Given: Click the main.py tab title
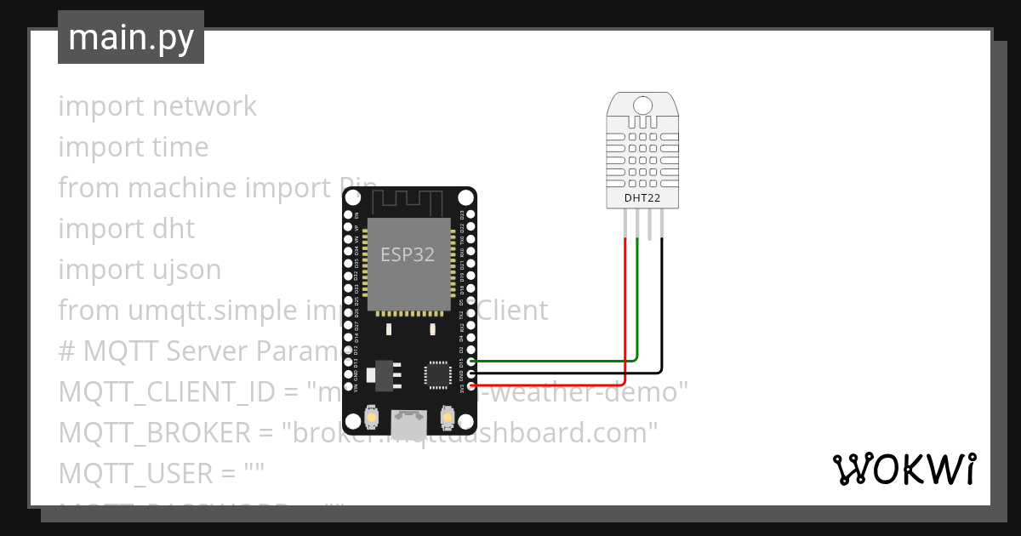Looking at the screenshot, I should tap(130, 38).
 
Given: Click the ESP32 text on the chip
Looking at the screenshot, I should tap(408, 254).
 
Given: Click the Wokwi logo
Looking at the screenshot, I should tap(904, 470).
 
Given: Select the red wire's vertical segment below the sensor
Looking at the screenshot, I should tap(625, 306).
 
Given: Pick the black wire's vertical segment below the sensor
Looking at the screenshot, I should tap(661, 302).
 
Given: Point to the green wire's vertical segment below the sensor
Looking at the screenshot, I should tap(637, 294).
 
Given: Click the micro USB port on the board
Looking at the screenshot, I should tap(409, 423).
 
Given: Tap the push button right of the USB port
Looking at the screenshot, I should tap(447, 419).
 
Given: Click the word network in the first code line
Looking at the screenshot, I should tap(204, 106).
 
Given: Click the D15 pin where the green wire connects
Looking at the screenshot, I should tap(471, 361).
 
